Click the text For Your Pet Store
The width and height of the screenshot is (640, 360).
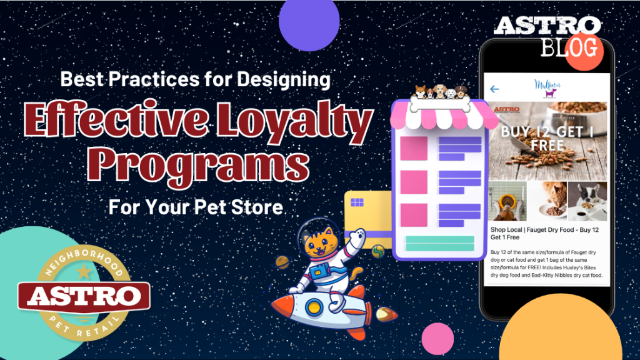coord(196,207)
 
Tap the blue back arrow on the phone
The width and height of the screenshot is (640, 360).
coord(494,89)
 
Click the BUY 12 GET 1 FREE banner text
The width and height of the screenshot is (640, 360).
coord(545,138)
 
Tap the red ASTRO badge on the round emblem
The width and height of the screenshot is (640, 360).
coord(84,297)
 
